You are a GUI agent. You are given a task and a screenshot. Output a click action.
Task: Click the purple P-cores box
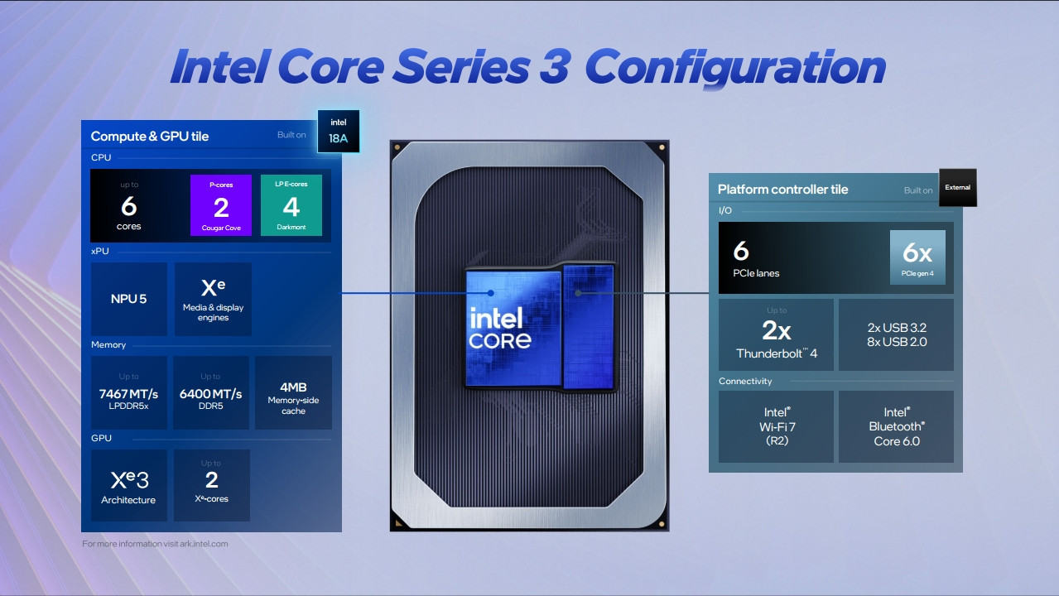tap(221, 205)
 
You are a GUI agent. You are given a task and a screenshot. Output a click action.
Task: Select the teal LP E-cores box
tap(291, 205)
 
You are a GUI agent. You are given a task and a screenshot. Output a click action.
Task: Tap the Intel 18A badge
tap(338, 132)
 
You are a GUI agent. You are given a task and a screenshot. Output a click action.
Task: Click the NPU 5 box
tap(129, 299)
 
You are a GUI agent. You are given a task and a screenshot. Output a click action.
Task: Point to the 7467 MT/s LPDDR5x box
tap(129, 393)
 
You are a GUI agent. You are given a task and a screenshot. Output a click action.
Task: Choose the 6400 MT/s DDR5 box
tap(211, 393)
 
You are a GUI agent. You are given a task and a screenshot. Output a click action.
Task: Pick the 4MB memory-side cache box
tap(293, 393)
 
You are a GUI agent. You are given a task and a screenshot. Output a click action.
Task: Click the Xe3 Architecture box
tap(129, 485)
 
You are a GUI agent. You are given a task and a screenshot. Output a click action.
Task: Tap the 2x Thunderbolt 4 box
tap(777, 334)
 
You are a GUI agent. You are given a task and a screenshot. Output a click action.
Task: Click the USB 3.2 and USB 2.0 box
tap(896, 334)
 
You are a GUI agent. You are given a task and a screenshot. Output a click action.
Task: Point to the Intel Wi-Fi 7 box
tap(777, 426)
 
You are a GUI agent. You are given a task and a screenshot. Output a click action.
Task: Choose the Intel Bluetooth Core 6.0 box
tap(896, 426)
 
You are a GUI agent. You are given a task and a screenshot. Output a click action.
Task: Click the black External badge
tap(958, 188)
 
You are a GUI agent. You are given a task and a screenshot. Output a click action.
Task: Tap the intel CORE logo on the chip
tap(500, 328)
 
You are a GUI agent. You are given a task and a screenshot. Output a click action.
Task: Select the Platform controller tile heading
tap(782, 190)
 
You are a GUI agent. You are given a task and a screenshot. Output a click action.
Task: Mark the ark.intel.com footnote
tap(155, 544)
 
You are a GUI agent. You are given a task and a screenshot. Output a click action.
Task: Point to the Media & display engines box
tap(213, 299)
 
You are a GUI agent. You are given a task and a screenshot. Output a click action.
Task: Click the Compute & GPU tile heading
tap(150, 137)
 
